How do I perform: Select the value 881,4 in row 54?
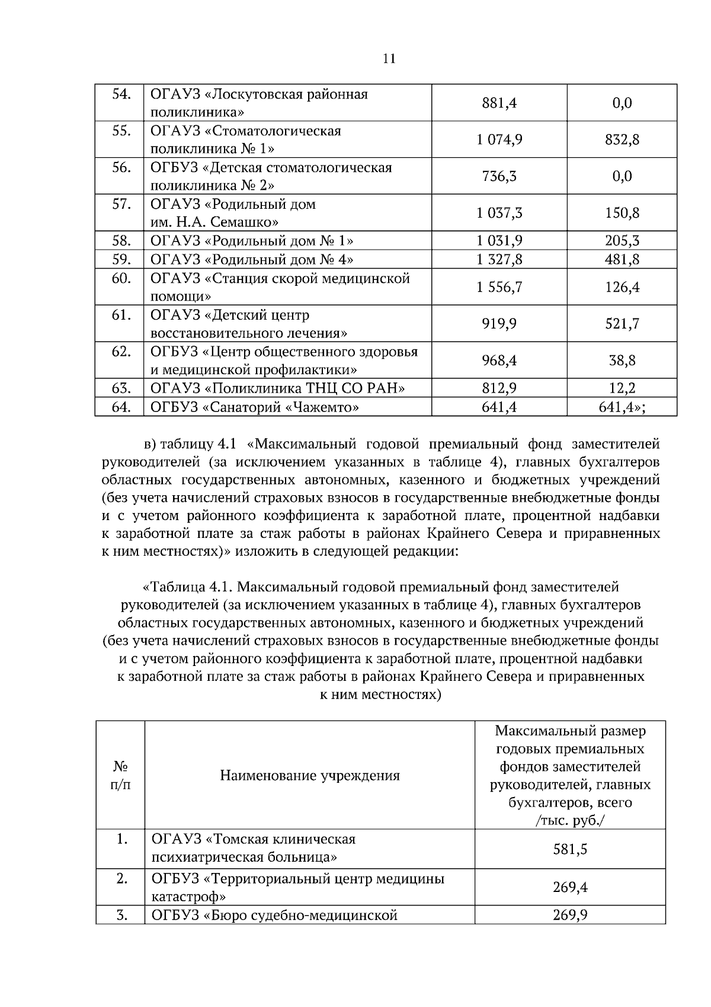[499, 103]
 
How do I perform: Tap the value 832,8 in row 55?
[622, 140]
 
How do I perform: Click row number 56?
[121, 168]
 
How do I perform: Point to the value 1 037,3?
[499, 213]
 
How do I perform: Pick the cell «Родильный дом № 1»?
[252, 241]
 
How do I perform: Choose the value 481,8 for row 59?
[622, 260]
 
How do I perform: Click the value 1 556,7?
[499, 288]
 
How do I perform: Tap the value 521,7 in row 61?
[622, 324]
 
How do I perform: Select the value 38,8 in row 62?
[622, 361]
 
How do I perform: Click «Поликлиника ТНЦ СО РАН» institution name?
[278, 388]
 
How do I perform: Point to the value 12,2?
[622, 388]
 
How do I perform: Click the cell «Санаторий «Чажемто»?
[255, 407]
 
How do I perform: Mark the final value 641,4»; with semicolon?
[622, 407]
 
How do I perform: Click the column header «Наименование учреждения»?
[310, 776]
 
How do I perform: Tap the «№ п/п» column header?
[120, 776]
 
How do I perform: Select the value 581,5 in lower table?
[570, 849]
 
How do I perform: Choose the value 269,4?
[570, 888]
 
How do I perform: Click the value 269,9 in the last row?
[570, 916]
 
